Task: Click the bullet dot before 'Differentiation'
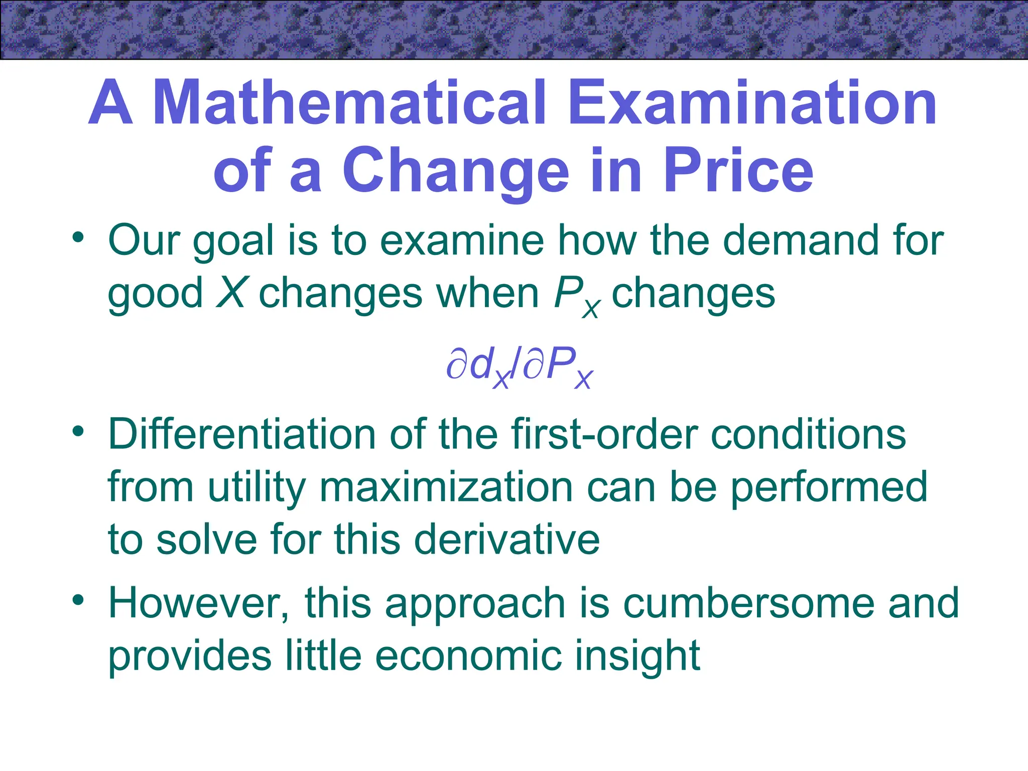(78, 431)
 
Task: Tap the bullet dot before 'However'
(78, 600)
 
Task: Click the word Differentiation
(241, 434)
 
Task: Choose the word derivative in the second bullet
(507, 539)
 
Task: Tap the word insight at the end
(637, 656)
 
